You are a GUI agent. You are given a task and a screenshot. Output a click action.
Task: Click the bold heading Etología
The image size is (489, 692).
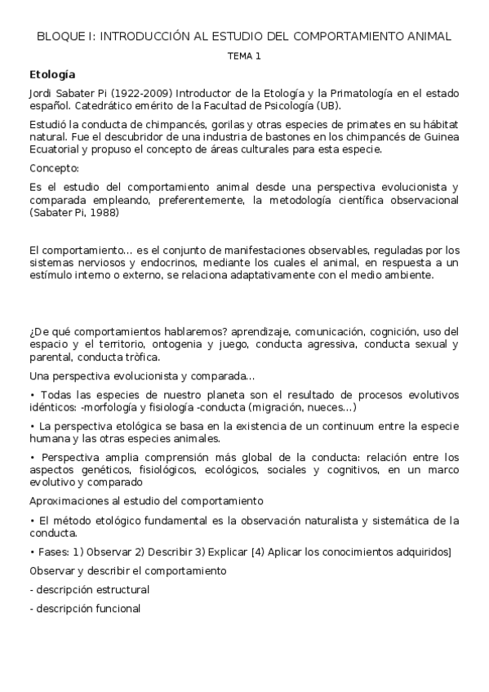(51, 74)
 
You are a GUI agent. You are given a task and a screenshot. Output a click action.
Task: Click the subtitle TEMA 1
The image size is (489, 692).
(243, 56)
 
